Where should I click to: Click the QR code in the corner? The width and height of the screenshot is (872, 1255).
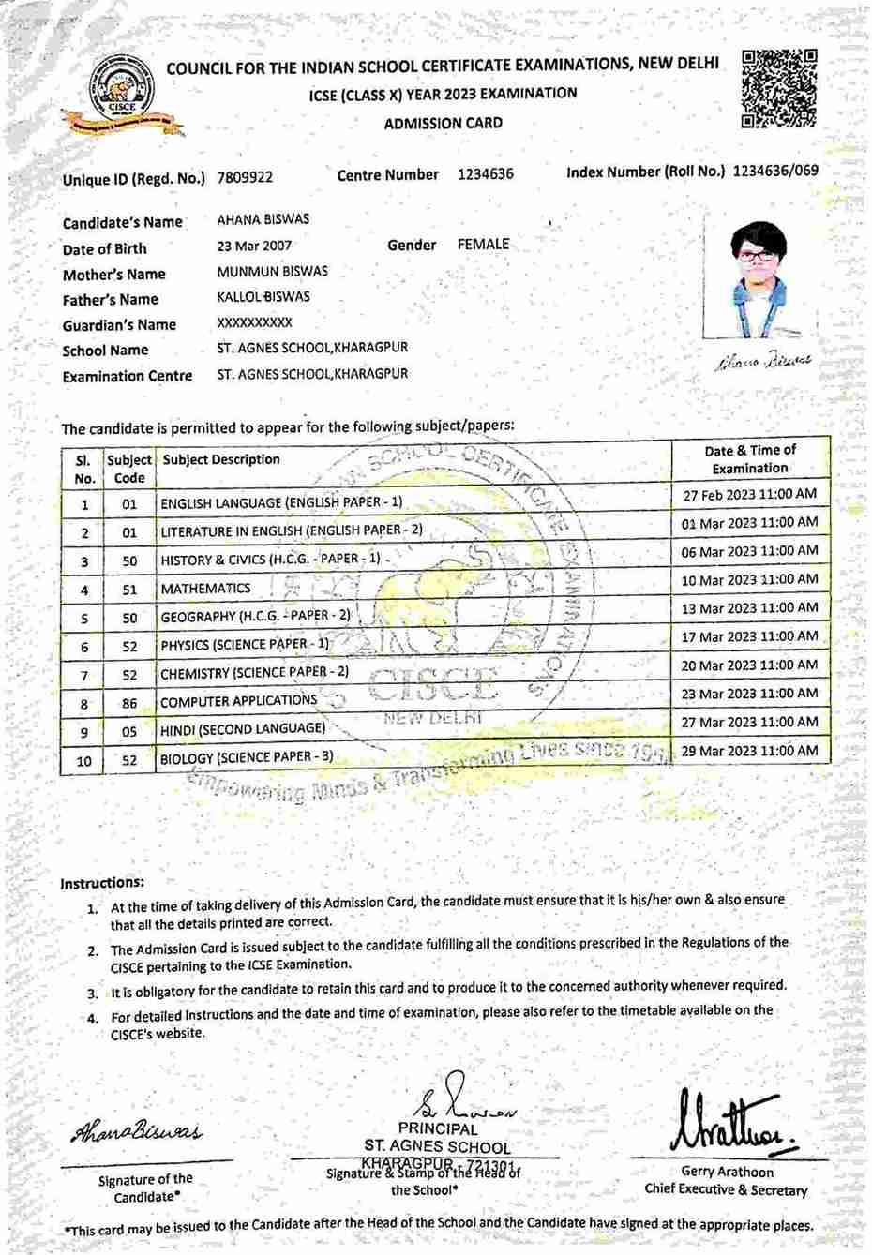(779, 88)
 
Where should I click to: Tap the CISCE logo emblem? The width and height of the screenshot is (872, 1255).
(122, 95)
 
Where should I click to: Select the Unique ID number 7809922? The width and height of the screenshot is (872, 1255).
(245, 177)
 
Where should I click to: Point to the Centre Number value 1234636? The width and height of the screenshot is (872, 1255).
(486, 174)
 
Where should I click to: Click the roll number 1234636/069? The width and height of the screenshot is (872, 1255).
(774, 172)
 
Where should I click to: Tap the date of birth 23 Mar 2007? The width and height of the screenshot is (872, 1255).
(254, 246)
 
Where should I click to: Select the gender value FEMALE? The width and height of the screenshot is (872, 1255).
(483, 244)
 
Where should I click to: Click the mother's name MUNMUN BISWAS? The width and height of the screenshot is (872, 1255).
(272, 272)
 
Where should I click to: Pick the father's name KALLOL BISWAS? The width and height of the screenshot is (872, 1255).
(263, 297)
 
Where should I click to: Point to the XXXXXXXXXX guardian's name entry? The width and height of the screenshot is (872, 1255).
(254, 322)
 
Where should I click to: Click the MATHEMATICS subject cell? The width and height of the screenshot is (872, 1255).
(205, 589)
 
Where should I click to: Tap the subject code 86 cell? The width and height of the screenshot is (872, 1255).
(129, 703)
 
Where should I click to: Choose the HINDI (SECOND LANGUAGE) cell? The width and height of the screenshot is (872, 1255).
(243, 729)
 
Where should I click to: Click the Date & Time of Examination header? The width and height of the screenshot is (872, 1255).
(750, 459)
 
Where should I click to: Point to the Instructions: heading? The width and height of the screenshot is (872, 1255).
(102, 883)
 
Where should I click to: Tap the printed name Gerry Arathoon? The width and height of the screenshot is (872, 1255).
(727, 1172)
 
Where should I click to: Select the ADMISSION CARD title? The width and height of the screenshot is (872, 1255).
(443, 123)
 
